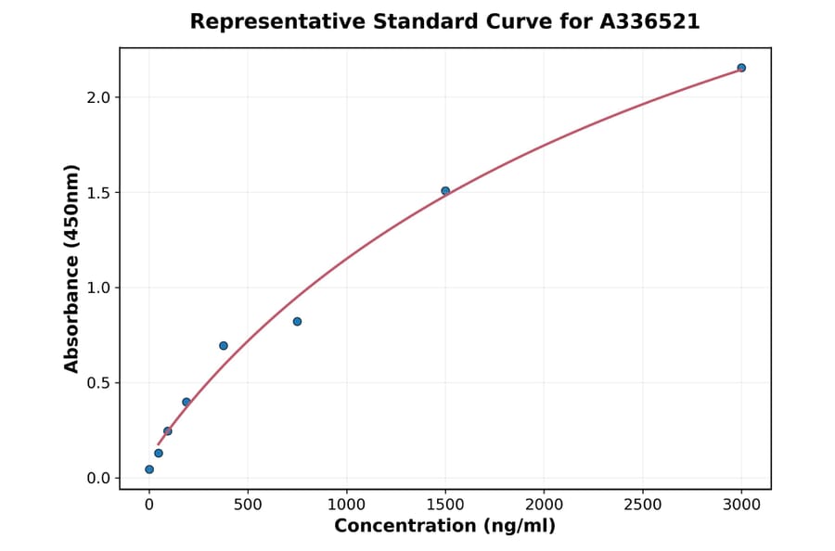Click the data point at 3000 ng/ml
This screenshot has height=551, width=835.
pyautogui.click(x=741, y=68)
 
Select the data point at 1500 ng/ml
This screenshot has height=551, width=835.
pyautogui.click(x=445, y=191)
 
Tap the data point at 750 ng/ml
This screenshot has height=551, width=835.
pyautogui.click(x=297, y=322)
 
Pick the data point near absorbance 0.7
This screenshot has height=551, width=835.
pyautogui.click(x=224, y=346)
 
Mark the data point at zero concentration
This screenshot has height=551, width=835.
pyautogui.click(x=149, y=469)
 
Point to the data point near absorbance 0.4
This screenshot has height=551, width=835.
pyautogui.click(x=186, y=402)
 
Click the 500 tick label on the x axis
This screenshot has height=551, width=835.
pyautogui.click(x=248, y=505)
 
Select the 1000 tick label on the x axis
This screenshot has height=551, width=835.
pyautogui.click(x=346, y=505)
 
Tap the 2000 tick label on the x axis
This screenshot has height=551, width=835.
pyautogui.click(x=544, y=505)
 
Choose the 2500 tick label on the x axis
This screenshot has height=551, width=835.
pyautogui.click(x=643, y=505)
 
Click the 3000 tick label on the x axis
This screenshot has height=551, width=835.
pyautogui.click(x=741, y=505)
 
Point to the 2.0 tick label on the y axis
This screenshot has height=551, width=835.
pyautogui.click(x=97, y=97)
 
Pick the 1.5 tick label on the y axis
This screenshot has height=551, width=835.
pyautogui.click(x=97, y=193)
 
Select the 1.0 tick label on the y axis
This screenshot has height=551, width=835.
pyautogui.click(x=97, y=288)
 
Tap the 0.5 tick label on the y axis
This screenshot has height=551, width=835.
pyautogui.click(x=97, y=383)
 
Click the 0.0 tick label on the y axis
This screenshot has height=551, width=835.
pyautogui.click(x=97, y=479)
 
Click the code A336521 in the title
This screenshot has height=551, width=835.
pyautogui.click(x=649, y=21)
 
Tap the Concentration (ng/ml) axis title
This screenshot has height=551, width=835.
pyautogui.click(x=444, y=526)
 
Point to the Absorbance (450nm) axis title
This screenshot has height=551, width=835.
pyautogui.click(x=72, y=268)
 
